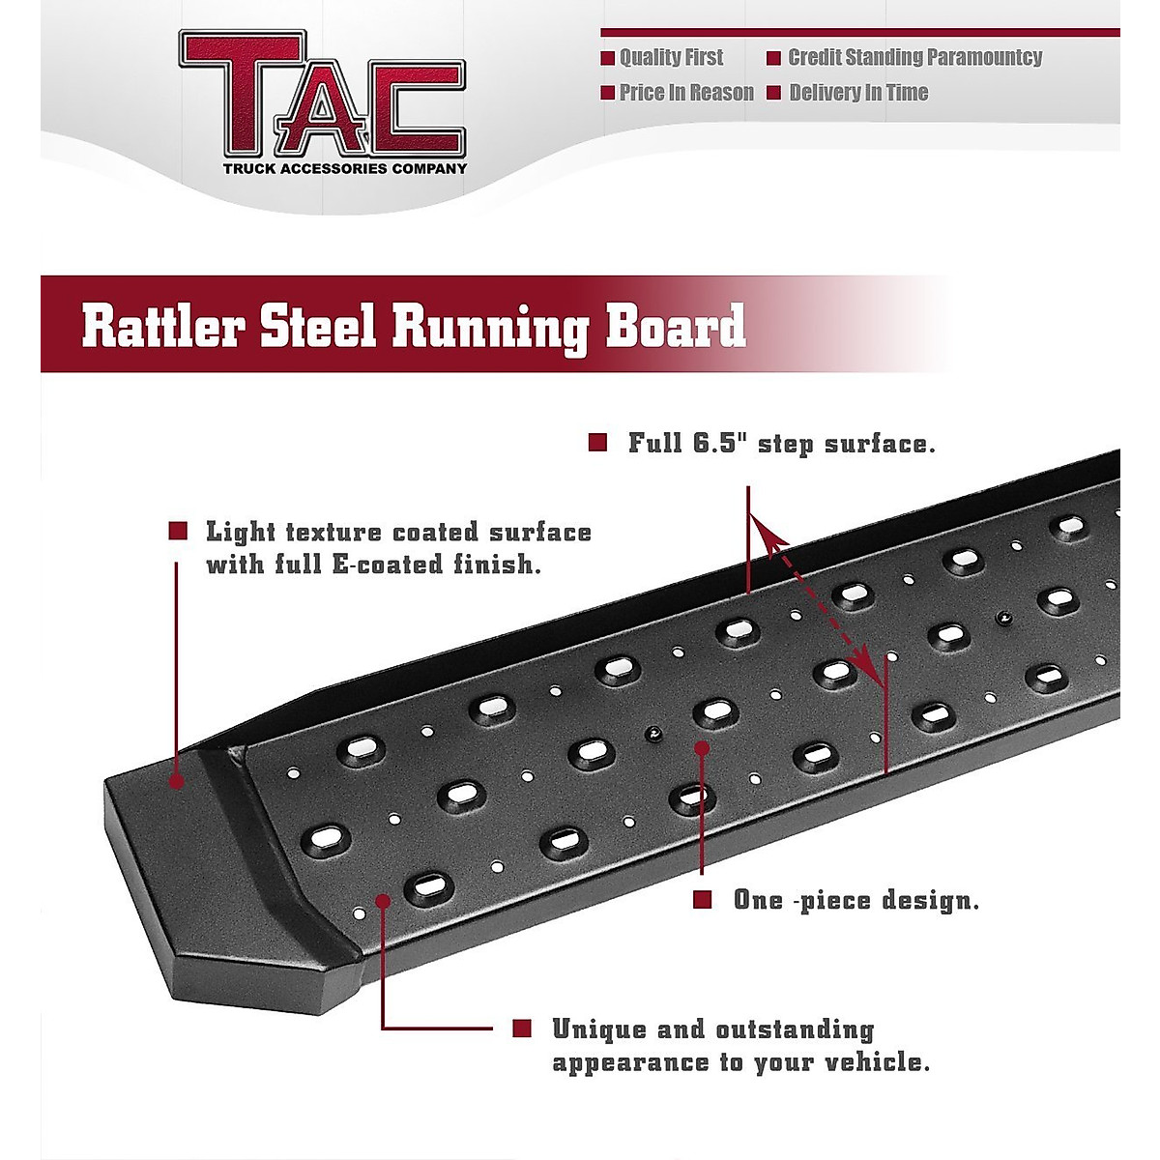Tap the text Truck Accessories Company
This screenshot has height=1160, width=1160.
[x=345, y=168]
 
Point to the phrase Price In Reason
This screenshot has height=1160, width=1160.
[x=686, y=93]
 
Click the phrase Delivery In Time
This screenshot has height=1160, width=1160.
[x=858, y=93]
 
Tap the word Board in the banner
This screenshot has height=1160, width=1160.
[x=676, y=326]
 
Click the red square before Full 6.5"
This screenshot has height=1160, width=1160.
[x=597, y=443]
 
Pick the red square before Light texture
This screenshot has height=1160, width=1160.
[x=178, y=531]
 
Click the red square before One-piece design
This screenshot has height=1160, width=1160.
[x=703, y=900]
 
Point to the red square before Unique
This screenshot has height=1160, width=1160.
[x=522, y=1029]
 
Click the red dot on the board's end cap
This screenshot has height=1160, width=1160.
[x=176, y=780]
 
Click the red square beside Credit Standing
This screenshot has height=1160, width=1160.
[x=773, y=58]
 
